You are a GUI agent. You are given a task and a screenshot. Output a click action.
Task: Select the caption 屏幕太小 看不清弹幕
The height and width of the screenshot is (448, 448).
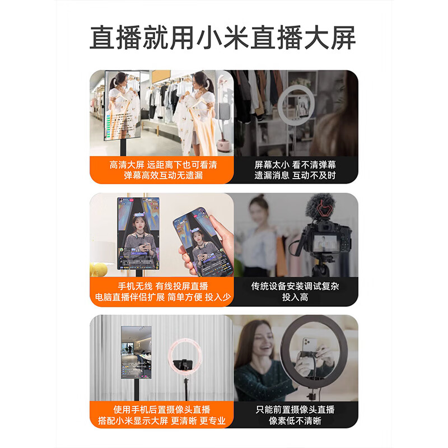coord(295,165)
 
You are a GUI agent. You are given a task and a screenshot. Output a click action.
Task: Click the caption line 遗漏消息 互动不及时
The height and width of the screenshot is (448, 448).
coord(295,175)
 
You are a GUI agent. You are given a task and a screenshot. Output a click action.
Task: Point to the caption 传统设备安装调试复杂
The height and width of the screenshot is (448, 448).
coord(295,286)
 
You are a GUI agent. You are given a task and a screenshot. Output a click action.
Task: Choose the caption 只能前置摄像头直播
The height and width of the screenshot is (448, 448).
coord(295,409)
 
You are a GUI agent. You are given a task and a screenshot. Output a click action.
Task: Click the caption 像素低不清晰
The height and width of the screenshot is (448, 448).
coord(295,421)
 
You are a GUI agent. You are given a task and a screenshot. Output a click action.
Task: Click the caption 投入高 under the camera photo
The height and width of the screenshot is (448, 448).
coord(295,297)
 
